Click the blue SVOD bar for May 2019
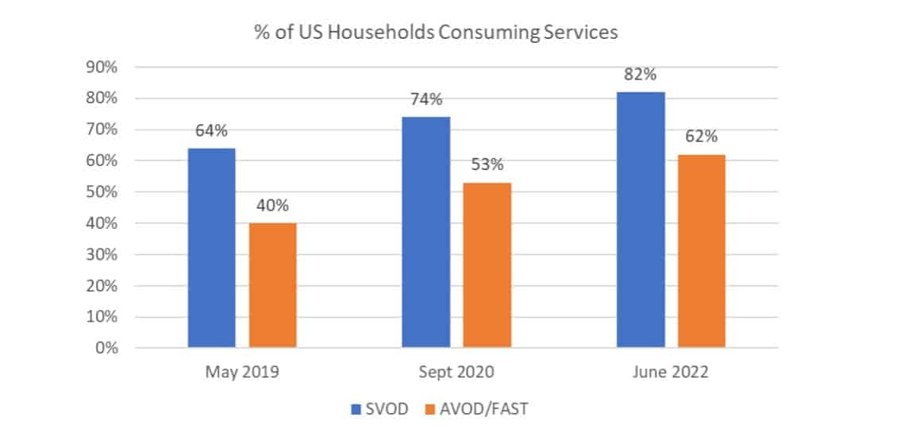tap(212, 248)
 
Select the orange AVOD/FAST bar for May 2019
tap(272, 285)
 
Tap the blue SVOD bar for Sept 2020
tap(426, 232)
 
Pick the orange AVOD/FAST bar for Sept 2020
tap(487, 265)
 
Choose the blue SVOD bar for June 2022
tap(641, 220)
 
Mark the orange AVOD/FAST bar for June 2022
tap(702, 251)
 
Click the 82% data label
tap(641, 75)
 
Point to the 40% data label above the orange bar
tap(272, 206)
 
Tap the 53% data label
tap(487, 165)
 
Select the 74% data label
tap(426, 100)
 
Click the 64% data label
tap(212, 131)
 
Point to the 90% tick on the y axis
tap(101, 68)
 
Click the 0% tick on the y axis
tap(105, 348)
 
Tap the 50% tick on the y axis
tap(101, 192)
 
